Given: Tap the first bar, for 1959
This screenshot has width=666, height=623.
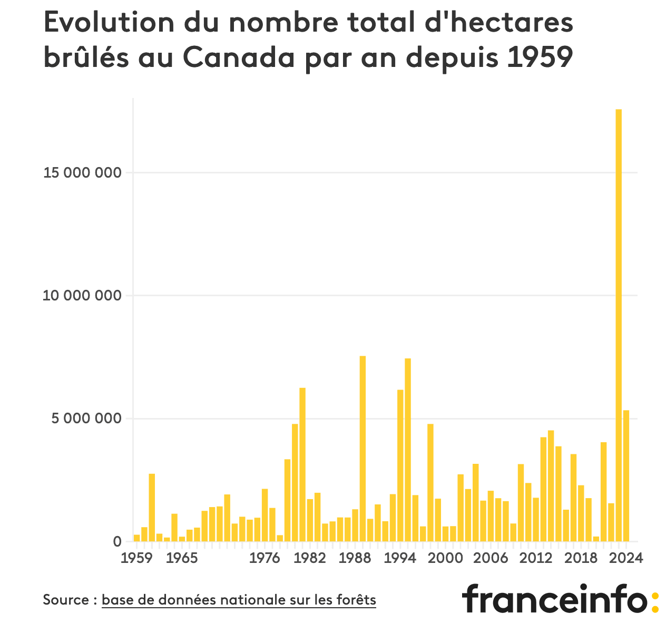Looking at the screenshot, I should tap(137, 538).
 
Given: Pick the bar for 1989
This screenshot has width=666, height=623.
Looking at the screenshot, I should tap(363, 449).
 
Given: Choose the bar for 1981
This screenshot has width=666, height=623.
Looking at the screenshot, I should tap(302, 464).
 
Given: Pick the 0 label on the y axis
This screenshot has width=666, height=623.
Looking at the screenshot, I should tap(117, 542).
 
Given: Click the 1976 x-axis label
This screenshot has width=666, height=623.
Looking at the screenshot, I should tap(265, 558).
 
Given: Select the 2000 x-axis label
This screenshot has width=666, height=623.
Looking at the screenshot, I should tap(445, 558).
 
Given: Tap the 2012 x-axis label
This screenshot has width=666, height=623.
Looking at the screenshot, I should tap(535, 558).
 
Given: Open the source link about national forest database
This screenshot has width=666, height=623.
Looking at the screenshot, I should tap(239, 600).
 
